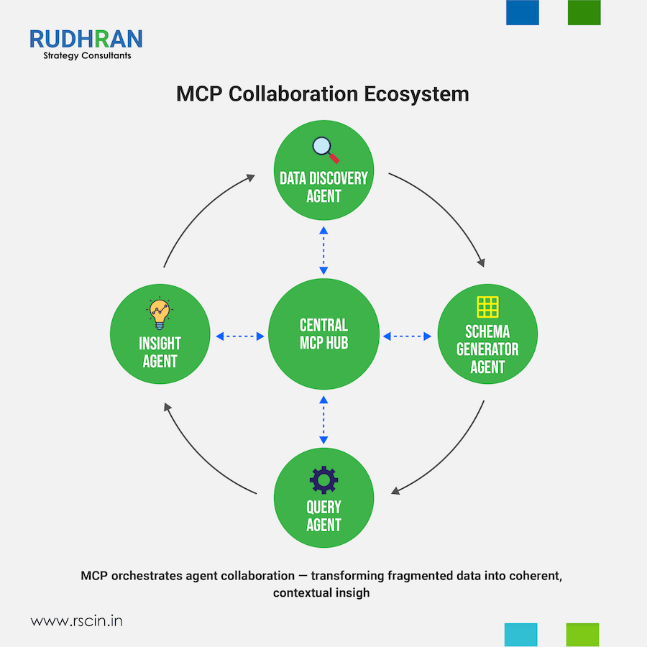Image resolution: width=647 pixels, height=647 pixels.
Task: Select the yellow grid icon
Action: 487,306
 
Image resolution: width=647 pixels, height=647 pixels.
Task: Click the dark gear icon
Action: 323,479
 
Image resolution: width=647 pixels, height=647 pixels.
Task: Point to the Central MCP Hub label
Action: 323,334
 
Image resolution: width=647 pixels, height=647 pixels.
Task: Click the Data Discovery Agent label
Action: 323,186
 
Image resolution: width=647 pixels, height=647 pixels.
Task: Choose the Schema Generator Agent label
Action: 487,349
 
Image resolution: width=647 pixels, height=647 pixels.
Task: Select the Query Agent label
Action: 323,515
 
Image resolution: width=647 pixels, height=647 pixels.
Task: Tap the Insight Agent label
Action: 160,352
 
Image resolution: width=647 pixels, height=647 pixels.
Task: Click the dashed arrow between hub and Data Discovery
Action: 323,249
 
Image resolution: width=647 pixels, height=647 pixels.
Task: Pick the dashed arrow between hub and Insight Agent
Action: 240,336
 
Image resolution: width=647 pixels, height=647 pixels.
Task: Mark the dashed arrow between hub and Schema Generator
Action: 407,336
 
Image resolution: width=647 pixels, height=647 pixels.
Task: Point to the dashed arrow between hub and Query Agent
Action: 323,419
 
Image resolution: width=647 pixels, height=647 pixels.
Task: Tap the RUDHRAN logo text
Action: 86,38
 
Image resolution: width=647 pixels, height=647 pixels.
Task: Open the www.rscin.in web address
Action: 76,620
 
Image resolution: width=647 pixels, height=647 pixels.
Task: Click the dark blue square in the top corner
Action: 523,12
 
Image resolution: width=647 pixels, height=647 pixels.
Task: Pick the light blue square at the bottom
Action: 521,635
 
